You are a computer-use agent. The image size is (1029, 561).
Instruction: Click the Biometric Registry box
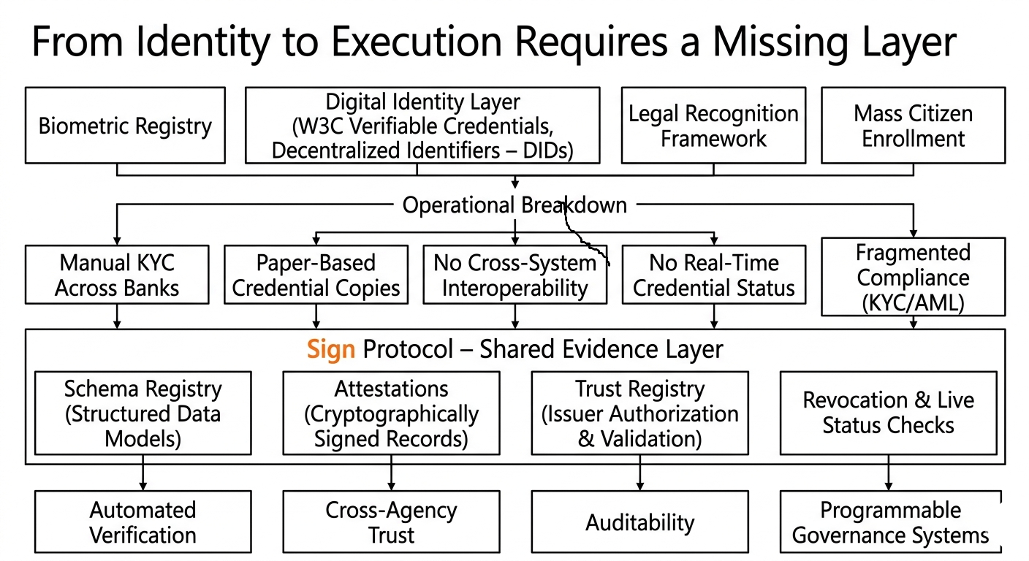pos(125,126)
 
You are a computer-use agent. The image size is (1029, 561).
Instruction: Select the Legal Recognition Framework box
pos(713,126)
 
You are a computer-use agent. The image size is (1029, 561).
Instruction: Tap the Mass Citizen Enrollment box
pos(914,126)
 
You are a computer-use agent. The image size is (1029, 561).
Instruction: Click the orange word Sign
pos(331,350)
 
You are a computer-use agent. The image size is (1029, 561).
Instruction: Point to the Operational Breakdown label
pos(514,205)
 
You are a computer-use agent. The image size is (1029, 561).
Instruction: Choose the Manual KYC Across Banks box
pos(117,275)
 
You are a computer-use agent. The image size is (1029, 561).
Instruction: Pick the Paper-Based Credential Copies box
pos(316,275)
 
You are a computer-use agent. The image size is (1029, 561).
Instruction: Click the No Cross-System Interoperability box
pos(515,275)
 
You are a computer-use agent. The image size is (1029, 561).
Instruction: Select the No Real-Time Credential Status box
pos(714,275)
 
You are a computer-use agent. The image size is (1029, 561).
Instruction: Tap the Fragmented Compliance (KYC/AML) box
pos(914,277)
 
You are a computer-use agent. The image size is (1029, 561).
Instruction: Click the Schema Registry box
pos(143,413)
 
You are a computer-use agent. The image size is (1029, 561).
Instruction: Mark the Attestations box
pos(392,413)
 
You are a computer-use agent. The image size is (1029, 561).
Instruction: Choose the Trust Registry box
pos(640,413)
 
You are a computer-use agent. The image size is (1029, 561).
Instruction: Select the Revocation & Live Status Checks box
pos(889,413)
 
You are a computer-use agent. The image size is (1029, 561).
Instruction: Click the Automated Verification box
pos(143,522)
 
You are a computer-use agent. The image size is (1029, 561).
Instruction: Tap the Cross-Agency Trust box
pos(392,522)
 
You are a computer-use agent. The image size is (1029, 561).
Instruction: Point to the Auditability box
pos(640,522)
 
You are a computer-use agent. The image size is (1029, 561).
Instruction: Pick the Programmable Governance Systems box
pos(890,522)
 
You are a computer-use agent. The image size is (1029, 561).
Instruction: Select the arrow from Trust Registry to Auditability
pos(640,473)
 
